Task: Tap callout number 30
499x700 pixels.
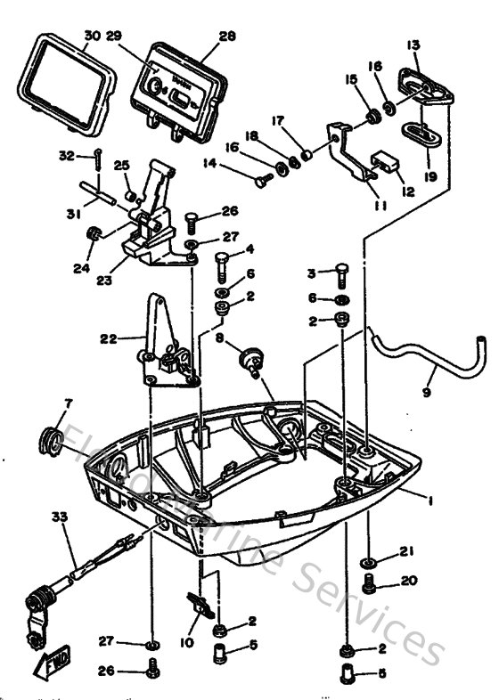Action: pyautogui.click(x=92, y=37)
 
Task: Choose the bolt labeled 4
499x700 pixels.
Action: pyautogui.click(x=222, y=261)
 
